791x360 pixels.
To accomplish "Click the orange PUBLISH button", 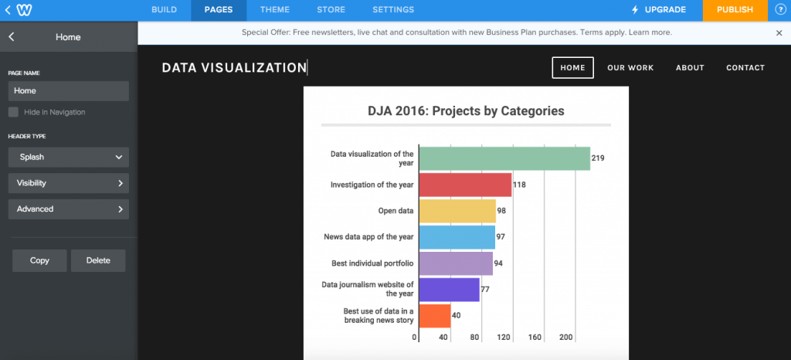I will (735, 10).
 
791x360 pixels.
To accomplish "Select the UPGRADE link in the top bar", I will (658, 10).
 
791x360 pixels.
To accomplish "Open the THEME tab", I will (275, 10).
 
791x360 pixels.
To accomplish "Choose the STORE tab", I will (331, 10).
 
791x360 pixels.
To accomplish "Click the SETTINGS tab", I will (393, 10).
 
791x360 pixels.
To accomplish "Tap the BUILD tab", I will (164, 10).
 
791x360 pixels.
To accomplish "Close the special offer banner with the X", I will (779, 33).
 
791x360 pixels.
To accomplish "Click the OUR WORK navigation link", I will (630, 68).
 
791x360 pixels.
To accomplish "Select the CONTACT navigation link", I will (745, 68).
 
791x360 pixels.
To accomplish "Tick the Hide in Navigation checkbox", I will (13, 112).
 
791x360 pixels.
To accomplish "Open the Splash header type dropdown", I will (68, 157).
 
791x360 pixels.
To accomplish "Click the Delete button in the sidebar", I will (98, 260).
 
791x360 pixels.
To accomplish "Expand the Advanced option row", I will (68, 209).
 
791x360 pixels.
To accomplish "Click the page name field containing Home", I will (68, 90).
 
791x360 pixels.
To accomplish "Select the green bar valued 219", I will (504, 158).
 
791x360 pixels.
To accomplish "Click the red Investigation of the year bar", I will (465, 185).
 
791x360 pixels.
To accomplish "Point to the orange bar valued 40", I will (435, 315).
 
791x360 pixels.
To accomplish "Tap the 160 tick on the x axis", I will (535, 338).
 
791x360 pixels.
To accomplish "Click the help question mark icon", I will (779, 10).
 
